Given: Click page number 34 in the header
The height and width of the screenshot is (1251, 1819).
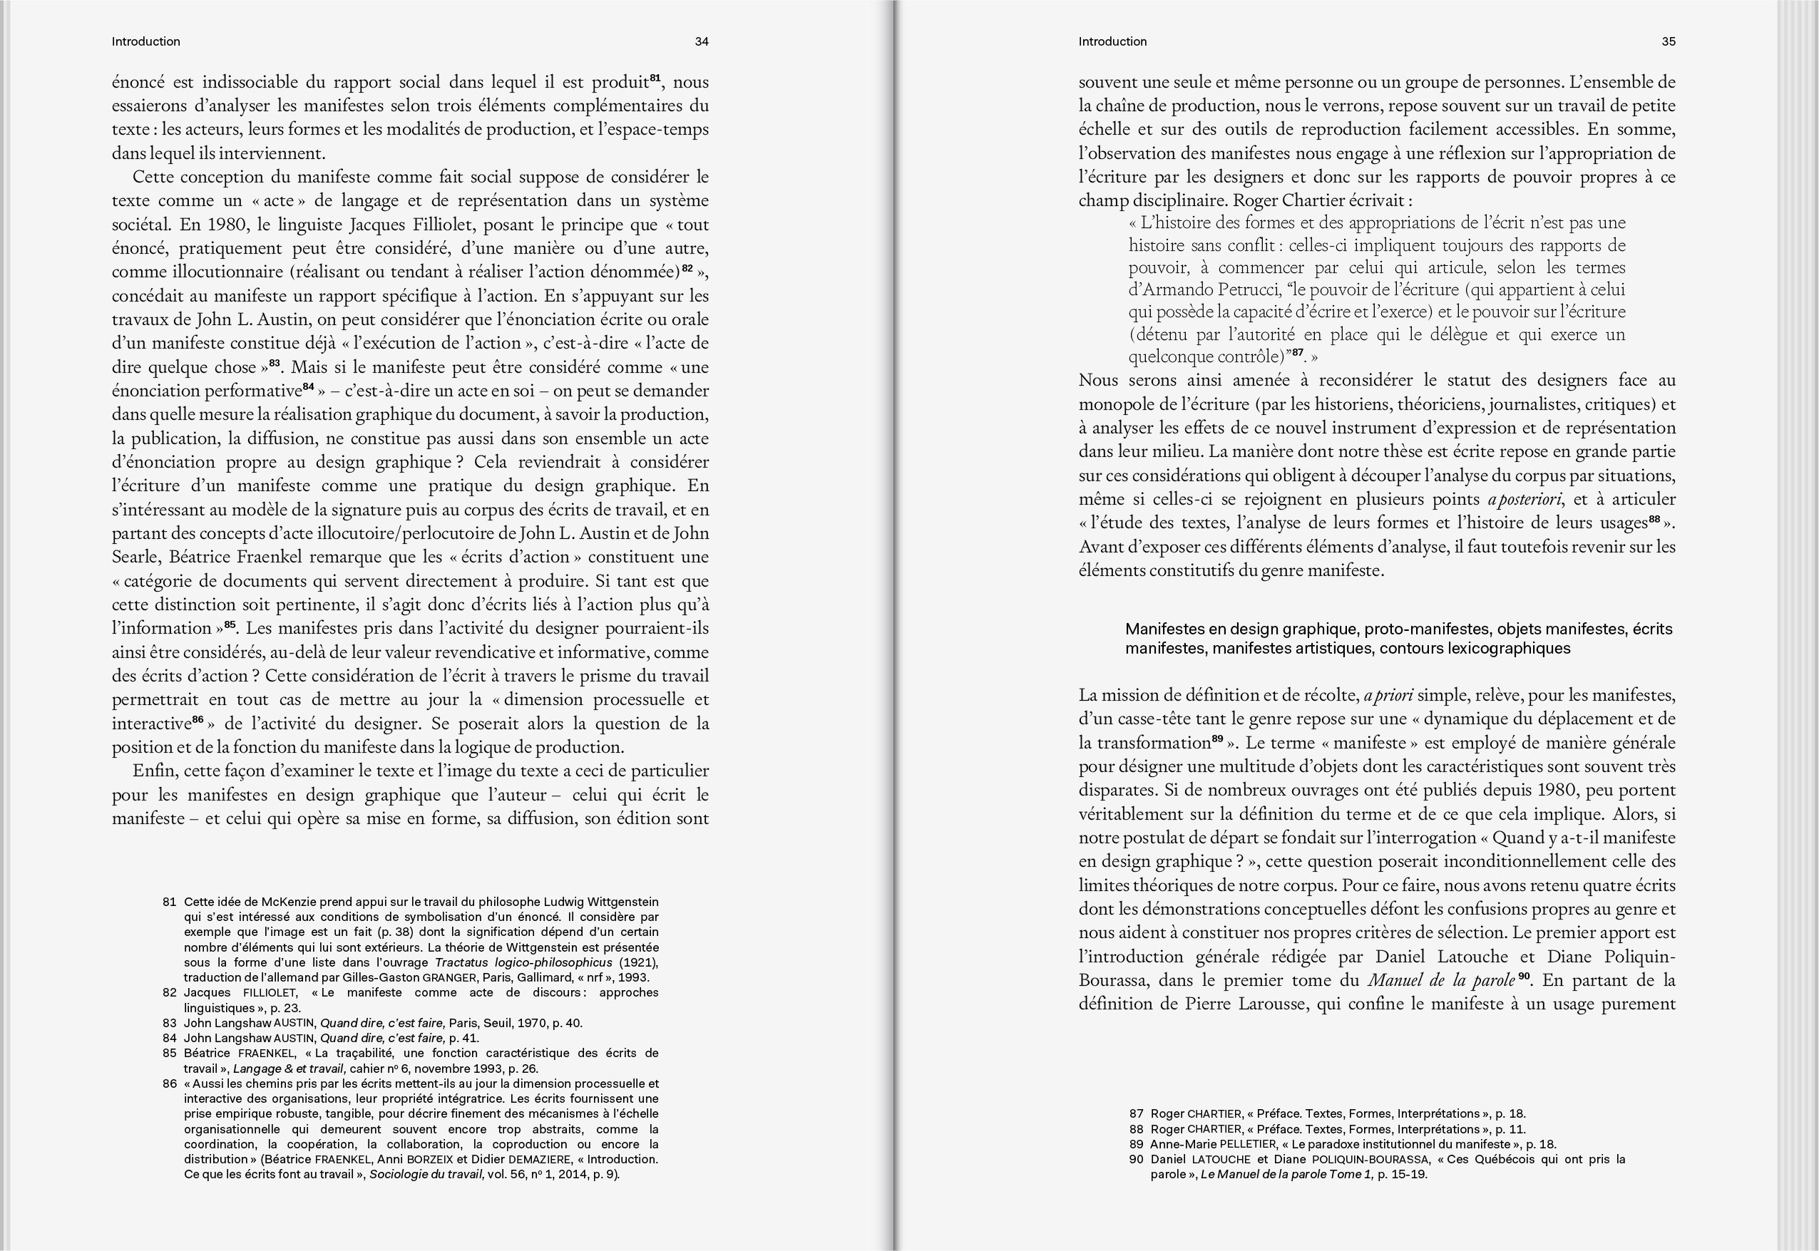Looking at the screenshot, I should pos(702,41).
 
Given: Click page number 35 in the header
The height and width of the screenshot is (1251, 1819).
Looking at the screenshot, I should pos(1669,41).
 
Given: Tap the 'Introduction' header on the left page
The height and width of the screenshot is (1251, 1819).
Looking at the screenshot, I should pos(146,41).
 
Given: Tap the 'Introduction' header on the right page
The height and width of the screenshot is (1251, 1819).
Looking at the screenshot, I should pos(1112,41).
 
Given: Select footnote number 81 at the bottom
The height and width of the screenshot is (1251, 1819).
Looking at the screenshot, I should pos(170,902).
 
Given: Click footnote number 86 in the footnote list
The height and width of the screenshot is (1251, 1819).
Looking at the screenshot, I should pos(170,1084).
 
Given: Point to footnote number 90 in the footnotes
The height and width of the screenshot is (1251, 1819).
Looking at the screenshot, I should pos(1136,1159).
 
